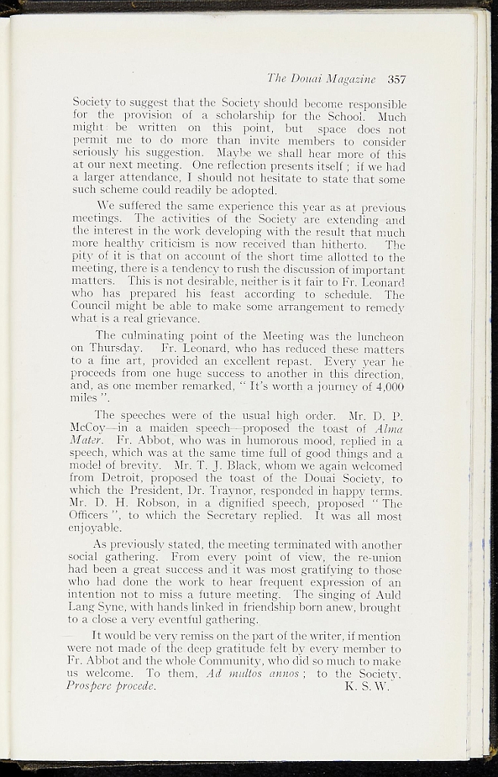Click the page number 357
pos(397,79)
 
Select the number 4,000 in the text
pos(392,385)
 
